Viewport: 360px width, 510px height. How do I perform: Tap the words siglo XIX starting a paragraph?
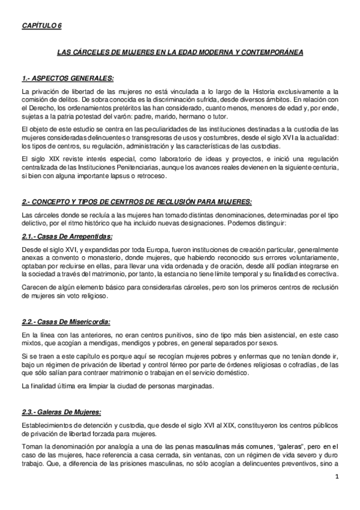[x=40, y=157]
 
